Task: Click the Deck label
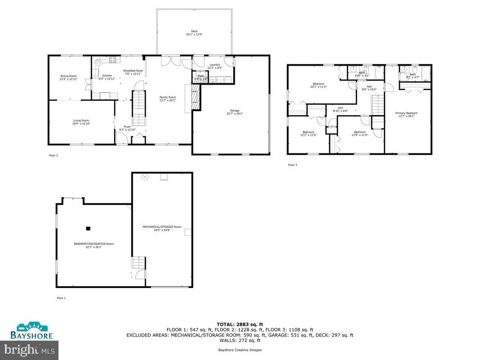click(x=194, y=33)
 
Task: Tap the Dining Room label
click(x=69, y=77)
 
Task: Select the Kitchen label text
click(x=107, y=77)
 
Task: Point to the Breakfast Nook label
click(x=133, y=72)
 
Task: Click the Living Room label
click(x=81, y=122)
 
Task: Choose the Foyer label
click(x=127, y=128)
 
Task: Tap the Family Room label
click(x=168, y=99)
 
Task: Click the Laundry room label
click(x=215, y=66)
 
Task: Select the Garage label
click(x=234, y=112)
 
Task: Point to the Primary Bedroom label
click(x=406, y=115)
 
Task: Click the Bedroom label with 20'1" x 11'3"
click(x=319, y=85)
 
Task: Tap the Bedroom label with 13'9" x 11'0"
click(x=359, y=134)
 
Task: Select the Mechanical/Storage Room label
click(x=162, y=228)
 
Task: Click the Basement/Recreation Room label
click(x=94, y=245)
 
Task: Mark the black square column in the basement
click(x=88, y=228)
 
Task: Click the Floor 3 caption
click(x=292, y=165)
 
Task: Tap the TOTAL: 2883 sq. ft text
click(x=240, y=324)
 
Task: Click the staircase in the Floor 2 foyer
click(x=139, y=108)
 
